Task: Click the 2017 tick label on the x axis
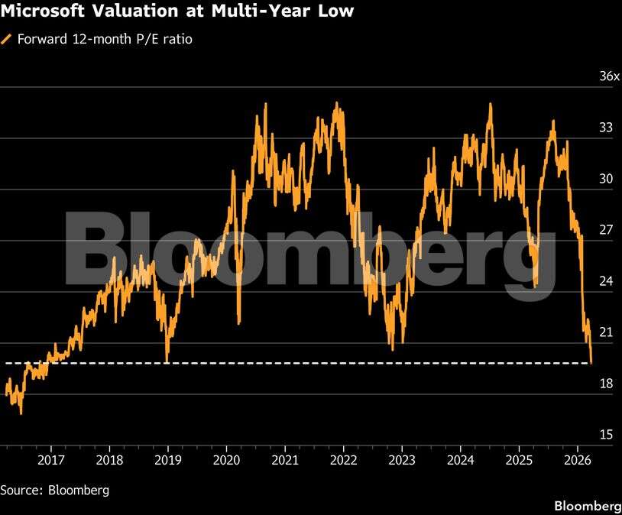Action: [50, 460]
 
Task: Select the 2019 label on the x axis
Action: [167, 460]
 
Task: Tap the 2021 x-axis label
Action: [284, 460]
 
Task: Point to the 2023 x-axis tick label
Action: [401, 460]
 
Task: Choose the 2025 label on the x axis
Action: [518, 460]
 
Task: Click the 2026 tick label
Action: [577, 460]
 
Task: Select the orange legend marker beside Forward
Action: [7, 39]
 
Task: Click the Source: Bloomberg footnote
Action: [54, 490]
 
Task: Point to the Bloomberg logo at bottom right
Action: [587, 506]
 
